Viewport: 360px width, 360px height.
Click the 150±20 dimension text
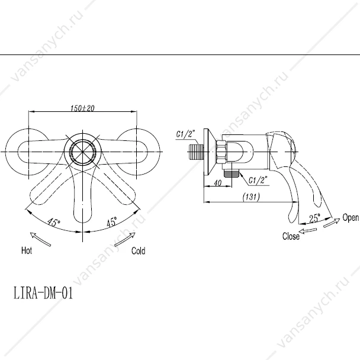coord(82,108)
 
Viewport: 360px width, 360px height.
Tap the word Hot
coord(27,250)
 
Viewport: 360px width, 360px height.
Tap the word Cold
coord(138,250)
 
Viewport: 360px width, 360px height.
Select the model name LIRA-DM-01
coord(43,293)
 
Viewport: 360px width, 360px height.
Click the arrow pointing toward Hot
coord(40,239)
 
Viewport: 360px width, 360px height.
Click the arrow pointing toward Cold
coord(125,239)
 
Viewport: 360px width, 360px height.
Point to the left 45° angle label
coord(54,222)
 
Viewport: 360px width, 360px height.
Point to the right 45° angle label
coord(112,222)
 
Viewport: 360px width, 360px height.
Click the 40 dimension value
coord(218,183)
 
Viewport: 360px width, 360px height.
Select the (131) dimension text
coord(251,197)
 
